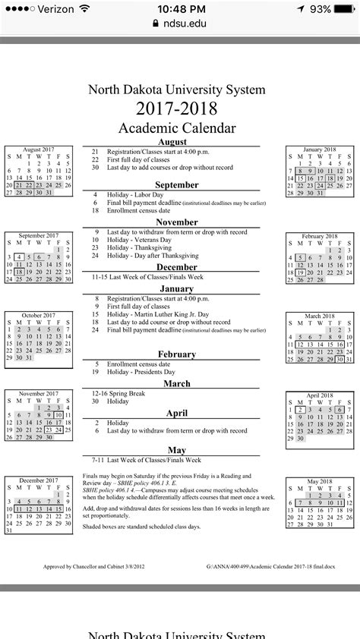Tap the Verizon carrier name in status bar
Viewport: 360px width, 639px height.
(52, 8)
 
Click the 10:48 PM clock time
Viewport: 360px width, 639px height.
(178, 8)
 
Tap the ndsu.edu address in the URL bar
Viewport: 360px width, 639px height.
(182, 24)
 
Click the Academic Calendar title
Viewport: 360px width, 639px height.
(177, 127)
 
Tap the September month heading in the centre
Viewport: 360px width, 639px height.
(177, 184)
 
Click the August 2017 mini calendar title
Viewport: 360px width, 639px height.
(39, 150)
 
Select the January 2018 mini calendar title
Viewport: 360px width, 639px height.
(319, 150)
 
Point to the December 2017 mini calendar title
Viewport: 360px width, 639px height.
(39, 480)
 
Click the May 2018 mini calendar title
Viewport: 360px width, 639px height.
(319, 481)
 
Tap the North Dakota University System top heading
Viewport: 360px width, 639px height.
(177, 89)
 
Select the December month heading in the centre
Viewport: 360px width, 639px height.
(177, 267)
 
